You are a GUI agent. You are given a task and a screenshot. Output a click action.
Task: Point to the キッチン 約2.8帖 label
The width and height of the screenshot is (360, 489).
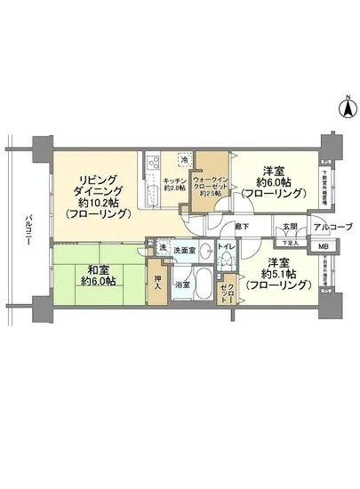175,184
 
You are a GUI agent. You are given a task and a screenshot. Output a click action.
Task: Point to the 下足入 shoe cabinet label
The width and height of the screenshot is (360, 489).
284,241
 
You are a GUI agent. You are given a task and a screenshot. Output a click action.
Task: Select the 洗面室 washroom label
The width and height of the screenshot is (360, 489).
185,252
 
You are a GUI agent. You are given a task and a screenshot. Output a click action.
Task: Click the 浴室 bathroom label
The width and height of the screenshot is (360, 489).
181,285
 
